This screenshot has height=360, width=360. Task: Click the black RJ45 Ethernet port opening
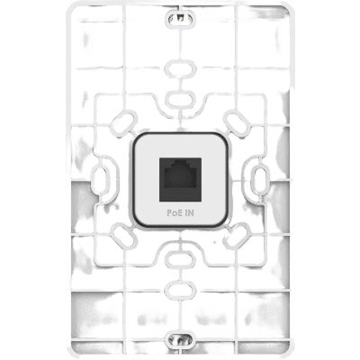click(x=180, y=179)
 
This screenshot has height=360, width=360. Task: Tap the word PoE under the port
click(x=174, y=213)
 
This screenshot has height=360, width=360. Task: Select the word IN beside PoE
click(x=189, y=213)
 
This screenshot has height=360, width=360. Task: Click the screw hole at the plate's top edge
click(x=180, y=17)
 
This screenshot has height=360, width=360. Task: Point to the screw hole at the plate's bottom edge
click(x=180, y=339)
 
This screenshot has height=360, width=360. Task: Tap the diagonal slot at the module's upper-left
click(x=123, y=123)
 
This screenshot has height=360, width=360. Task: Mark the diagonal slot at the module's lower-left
click(x=123, y=236)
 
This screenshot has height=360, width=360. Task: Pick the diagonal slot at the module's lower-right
click(x=237, y=236)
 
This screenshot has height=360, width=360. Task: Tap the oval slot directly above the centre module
click(x=180, y=99)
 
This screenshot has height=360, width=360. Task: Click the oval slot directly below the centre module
click(x=180, y=259)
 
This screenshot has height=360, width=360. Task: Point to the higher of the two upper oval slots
click(x=180, y=68)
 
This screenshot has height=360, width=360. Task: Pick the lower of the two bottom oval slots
click(x=180, y=290)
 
